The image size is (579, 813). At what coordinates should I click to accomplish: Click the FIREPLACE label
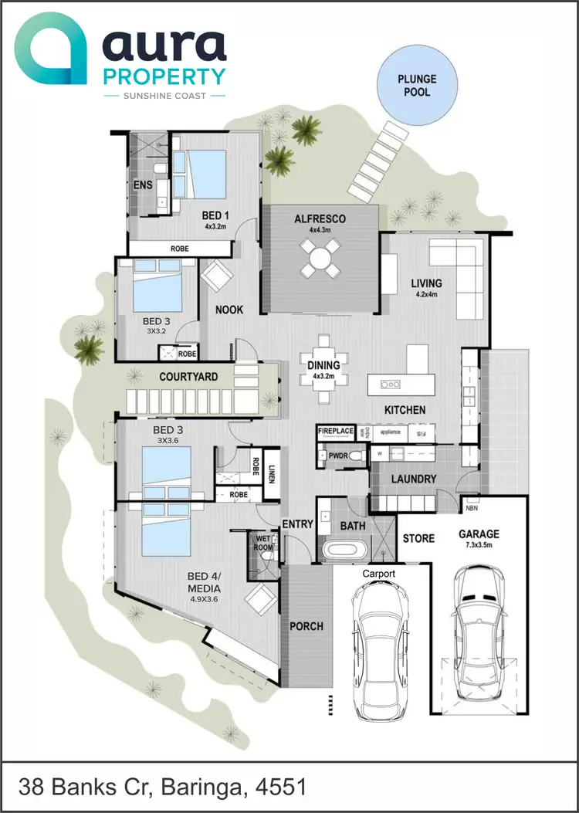[x=336, y=431]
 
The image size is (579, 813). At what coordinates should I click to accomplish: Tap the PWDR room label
[x=337, y=456]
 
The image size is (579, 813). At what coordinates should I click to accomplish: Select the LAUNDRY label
[x=413, y=479]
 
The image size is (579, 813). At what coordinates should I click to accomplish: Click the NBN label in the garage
[x=471, y=509]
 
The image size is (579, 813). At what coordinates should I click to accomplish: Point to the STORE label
[x=418, y=538]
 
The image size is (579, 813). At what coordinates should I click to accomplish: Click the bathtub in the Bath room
[x=345, y=551]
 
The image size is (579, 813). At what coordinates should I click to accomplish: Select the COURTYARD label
[x=188, y=377]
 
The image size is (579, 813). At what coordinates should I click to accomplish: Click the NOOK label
[x=229, y=310]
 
